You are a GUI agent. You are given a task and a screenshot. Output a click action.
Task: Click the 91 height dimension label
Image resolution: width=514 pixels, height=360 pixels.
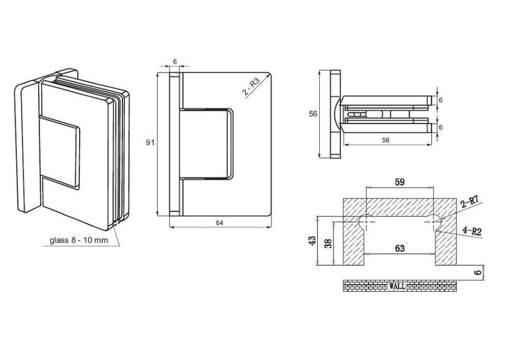click(150, 142)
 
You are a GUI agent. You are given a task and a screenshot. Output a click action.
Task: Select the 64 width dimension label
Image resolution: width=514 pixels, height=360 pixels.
click(219, 223)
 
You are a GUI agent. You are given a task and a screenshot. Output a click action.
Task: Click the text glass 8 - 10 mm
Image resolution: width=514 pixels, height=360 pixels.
click(79, 240)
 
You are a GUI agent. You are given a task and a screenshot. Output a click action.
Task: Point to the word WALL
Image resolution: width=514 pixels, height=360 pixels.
click(397, 286)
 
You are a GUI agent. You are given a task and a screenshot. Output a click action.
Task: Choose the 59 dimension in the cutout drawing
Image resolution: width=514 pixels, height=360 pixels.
click(399, 182)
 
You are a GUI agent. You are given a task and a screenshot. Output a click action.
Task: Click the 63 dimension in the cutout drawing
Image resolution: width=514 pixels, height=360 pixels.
click(399, 248)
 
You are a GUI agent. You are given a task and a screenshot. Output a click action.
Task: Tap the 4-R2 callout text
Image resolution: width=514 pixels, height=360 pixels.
click(472, 231)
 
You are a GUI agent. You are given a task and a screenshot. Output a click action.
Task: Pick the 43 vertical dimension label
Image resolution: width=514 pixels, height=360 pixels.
click(313, 240)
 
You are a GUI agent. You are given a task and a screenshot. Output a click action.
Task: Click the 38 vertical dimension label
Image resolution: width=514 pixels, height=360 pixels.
click(328, 243)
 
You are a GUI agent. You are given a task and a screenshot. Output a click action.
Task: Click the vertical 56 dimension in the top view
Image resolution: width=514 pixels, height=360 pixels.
click(313, 114)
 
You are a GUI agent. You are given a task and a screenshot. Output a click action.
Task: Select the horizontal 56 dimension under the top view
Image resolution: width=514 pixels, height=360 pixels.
click(386, 140)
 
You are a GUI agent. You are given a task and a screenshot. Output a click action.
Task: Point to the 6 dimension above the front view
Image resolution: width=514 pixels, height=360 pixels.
click(175, 61)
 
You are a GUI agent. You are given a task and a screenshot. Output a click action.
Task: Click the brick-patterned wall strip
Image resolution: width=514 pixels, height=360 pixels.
click(399, 286)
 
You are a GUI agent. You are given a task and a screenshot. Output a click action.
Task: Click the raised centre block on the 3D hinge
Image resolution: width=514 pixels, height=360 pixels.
click(59, 152)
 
